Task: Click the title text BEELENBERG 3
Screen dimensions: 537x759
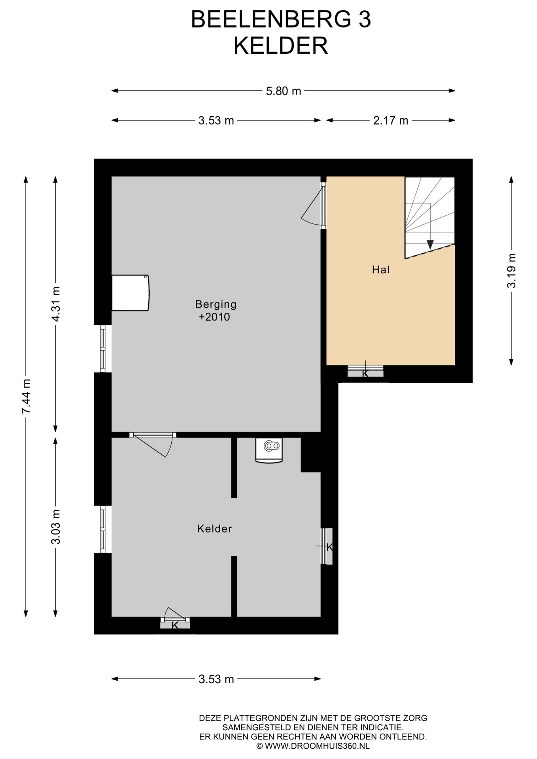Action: [281, 20]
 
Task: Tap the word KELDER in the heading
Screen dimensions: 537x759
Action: [281, 46]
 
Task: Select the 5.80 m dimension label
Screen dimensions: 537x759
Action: [284, 91]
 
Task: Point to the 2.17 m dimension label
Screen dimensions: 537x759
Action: [390, 121]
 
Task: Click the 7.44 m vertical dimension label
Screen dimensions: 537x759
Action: [26, 396]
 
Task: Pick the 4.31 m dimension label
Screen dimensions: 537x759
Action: [56, 304]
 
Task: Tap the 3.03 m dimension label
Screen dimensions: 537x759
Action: [56, 527]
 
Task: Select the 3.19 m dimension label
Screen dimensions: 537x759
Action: [511, 271]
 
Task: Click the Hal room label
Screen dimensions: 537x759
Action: [381, 270]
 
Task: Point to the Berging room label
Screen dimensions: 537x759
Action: [216, 304]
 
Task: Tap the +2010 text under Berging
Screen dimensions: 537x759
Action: [214, 317]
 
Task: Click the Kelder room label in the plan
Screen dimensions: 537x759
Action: [214, 529]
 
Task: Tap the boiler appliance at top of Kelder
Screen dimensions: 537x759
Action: [269, 450]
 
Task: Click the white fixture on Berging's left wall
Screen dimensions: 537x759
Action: [130, 293]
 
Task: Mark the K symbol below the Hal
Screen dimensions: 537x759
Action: [365, 373]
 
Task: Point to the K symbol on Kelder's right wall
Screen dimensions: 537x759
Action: [329, 547]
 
